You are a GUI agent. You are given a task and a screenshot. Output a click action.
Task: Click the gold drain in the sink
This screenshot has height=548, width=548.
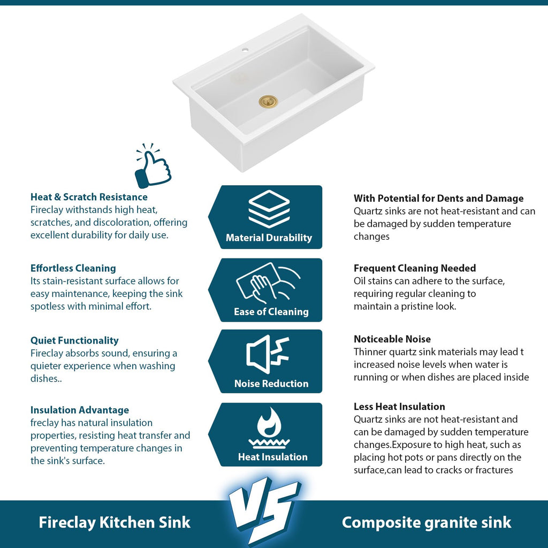[x=268, y=102]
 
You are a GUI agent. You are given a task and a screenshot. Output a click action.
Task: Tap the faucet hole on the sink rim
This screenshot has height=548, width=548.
[x=245, y=50]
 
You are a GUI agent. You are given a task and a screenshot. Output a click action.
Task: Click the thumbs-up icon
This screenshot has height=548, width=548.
[x=153, y=166]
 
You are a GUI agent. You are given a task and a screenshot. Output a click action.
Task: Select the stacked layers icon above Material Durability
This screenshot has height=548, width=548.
[x=269, y=209]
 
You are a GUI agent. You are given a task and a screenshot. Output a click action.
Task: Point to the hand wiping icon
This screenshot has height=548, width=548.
[x=268, y=283]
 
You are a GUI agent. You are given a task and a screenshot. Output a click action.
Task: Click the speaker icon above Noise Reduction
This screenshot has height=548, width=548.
[x=268, y=354]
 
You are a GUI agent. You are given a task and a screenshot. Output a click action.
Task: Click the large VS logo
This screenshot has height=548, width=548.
[x=264, y=509]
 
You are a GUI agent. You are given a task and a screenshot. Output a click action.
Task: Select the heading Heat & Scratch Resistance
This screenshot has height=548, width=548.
[x=89, y=197]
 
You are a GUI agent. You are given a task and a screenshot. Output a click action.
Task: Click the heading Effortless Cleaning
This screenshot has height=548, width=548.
[x=73, y=268]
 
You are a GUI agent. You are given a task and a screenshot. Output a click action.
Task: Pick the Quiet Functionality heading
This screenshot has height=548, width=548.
[x=74, y=340]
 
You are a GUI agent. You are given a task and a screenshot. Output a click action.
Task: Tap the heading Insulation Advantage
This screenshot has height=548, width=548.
[x=80, y=409]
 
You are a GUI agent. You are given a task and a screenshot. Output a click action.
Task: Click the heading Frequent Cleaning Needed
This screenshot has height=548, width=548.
[x=415, y=268]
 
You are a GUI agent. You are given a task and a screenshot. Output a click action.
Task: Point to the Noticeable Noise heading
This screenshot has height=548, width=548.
[x=392, y=339]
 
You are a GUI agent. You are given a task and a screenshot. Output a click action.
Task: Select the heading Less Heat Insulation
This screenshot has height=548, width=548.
[x=399, y=407]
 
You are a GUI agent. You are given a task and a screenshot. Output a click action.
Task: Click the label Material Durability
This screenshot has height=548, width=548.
[x=269, y=238]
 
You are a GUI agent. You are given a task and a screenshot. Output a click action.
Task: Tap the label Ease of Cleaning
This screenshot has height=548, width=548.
[x=271, y=311]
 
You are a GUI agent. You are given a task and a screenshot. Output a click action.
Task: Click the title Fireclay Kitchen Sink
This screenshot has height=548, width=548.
[x=115, y=522]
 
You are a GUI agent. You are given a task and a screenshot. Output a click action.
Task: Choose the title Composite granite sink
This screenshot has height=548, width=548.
[x=427, y=522]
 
